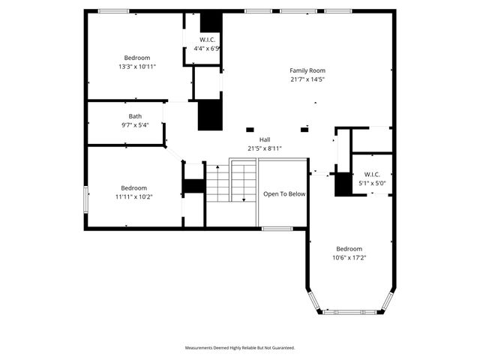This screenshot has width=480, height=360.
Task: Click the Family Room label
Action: pos(307,70)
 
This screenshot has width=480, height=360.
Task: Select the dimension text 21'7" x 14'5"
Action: pos(307,79)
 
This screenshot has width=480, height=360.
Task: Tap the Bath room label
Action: pos(135,116)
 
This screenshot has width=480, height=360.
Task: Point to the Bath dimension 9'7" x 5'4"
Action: pos(135,124)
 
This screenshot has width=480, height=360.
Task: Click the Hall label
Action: pos(265,139)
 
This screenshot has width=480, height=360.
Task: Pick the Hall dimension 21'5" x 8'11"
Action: pos(265,148)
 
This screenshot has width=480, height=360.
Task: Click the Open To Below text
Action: pos(284,194)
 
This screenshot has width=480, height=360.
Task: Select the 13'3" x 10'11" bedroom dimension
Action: pos(137,66)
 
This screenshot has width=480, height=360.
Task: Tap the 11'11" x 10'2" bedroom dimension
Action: pos(135,196)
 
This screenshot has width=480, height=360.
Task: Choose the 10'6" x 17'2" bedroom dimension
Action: pos(349,257)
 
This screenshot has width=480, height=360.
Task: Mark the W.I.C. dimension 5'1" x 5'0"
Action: pos(372,182)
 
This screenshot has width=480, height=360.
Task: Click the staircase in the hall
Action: pos(231,183)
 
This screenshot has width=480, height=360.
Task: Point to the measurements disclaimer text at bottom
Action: pos(240,347)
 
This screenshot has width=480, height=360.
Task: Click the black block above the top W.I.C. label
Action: pos(211,21)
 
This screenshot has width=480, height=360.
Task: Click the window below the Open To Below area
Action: pos(277,228)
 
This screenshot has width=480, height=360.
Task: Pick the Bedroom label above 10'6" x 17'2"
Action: pos(349,249)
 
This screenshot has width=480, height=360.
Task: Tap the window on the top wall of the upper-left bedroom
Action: pos(113,11)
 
